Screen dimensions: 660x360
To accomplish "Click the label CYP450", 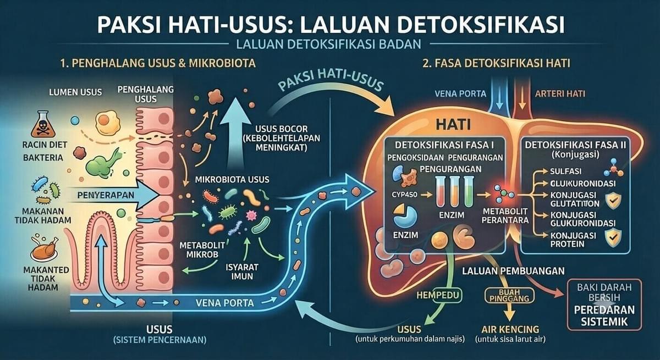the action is tap(404, 195).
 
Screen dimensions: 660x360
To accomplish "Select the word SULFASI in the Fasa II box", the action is tap(566, 171).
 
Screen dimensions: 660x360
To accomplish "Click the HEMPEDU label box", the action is tap(438, 295).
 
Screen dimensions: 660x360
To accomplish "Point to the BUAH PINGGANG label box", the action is tap(509, 295).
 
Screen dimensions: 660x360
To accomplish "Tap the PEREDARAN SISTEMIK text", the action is tap(604, 316).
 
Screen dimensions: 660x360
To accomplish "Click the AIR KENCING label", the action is tap(510, 329).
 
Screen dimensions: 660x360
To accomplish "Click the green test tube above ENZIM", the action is tap(469, 191).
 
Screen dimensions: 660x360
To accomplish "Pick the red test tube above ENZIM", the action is tap(441, 191).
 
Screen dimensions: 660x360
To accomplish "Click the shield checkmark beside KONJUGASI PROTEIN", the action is tap(613, 238).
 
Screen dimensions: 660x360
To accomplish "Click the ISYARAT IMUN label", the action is tap(242, 272).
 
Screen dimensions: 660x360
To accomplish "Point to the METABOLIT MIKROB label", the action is tap(202, 250).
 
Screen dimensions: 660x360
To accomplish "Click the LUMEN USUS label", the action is tap(75, 92).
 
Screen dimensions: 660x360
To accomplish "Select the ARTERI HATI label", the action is tap(560, 93).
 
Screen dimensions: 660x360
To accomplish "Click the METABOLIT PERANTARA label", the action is tap(505, 216).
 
